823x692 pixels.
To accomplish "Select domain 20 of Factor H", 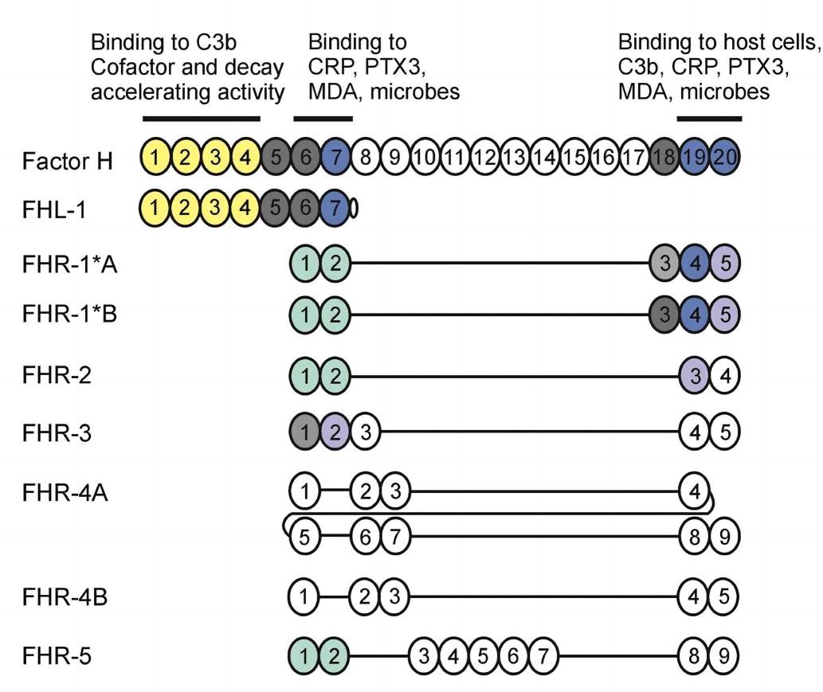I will pyautogui.click(x=724, y=158).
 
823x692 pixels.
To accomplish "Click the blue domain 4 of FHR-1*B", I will pyautogui.click(x=696, y=314).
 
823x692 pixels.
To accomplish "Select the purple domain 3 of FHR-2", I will pyautogui.click(x=696, y=374).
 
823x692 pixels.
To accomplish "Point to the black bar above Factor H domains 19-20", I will pyautogui.click(x=709, y=119).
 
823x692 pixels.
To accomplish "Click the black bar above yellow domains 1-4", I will pyautogui.click(x=202, y=119).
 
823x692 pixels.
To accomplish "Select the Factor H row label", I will pyautogui.click(x=68, y=160).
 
